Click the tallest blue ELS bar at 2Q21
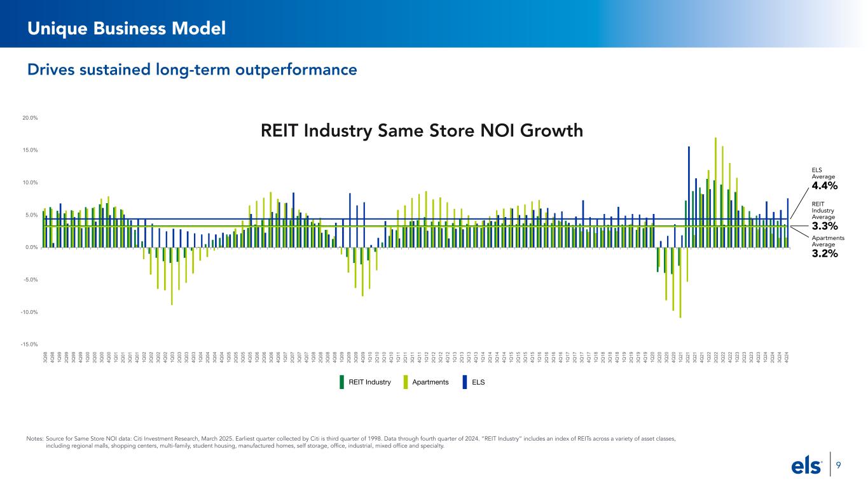pos(689,197)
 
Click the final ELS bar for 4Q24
pos(788,222)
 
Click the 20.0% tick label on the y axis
pos(31,118)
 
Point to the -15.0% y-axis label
pos(30,344)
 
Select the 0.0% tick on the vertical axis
pos(31,247)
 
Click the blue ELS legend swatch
pos(465,382)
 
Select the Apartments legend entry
pos(427,382)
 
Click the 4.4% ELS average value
pos(824,186)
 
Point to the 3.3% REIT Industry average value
pos(824,225)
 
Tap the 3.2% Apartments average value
pos(824,253)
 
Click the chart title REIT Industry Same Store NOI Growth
pos(422,131)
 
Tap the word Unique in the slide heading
pos(53,27)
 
